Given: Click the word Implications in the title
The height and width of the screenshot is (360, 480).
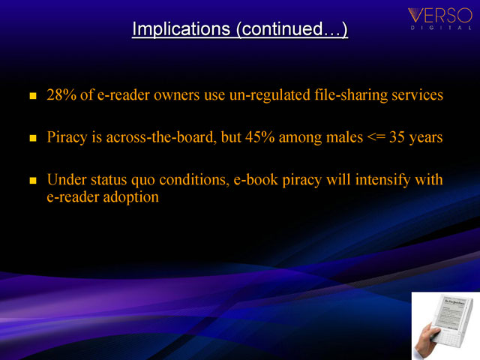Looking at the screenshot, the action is (181, 29).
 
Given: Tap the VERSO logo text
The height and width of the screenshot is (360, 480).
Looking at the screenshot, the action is (440, 15).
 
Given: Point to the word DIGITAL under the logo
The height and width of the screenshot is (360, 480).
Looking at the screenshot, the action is (441, 28).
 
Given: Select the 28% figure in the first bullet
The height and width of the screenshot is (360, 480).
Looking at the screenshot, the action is (61, 95).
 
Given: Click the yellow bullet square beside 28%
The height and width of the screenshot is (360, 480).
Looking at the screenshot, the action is (33, 96).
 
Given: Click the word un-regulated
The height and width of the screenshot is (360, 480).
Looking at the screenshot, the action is (270, 95).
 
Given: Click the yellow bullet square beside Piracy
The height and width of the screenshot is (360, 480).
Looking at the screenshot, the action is (33, 138).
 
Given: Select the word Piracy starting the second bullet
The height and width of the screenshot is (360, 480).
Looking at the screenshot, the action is (67, 137).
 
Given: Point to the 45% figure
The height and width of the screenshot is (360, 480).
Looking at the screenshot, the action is (260, 137).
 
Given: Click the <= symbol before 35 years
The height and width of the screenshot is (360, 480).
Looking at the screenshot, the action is (376, 137).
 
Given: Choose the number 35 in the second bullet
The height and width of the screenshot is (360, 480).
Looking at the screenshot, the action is (397, 137).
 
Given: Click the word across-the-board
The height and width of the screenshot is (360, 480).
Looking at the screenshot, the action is (161, 137).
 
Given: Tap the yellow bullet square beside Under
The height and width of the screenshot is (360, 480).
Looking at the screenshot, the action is (33, 181).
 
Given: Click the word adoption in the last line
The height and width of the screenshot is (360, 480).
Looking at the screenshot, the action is (131, 197).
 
